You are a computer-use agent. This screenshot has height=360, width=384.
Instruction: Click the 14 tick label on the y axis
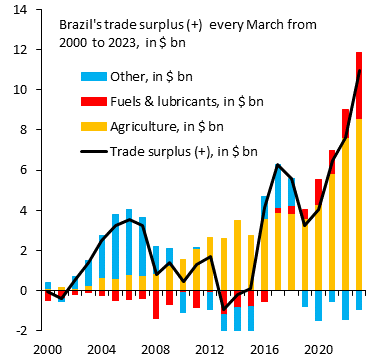tap(21, 9)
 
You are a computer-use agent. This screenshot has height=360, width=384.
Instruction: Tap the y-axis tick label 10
tap(21, 90)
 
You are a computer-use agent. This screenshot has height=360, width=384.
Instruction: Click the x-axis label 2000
tap(48, 349)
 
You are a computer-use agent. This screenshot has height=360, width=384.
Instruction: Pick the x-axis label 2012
tap(209, 349)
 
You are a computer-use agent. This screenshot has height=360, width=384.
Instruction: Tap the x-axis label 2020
tap(317, 349)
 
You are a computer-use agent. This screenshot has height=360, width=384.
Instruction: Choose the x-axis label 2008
tap(155, 349)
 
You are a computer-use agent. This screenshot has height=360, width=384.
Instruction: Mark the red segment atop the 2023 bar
tap(358, 85)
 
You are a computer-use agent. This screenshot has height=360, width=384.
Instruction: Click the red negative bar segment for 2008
tap(156, 305)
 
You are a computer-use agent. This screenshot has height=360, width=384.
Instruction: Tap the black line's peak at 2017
tap(277, 165)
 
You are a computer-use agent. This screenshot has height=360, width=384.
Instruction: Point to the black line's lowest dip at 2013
tap(224, 308)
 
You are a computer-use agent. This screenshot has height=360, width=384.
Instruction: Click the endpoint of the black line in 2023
tap(359, 71)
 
